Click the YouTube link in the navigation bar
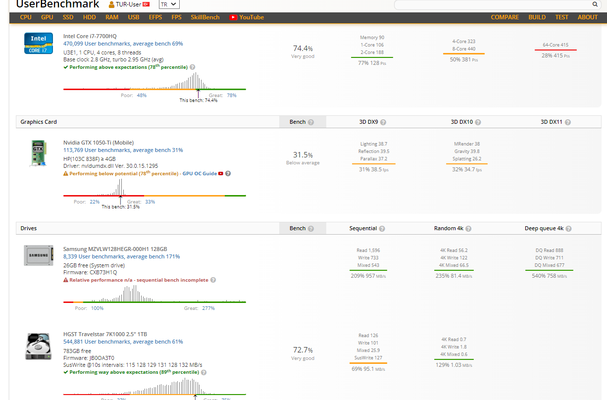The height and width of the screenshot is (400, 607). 247,17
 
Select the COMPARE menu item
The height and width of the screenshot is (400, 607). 505,17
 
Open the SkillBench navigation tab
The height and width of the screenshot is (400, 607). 205,17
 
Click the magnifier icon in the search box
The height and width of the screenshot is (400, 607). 595,4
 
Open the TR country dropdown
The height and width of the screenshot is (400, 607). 169,4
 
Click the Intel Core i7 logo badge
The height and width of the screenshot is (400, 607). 39,44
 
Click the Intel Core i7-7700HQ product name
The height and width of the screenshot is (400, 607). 90,36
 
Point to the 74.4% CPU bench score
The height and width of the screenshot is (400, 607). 303,49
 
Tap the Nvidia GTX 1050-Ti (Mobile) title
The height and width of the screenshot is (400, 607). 98,143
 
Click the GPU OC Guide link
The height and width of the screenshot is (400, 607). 200,174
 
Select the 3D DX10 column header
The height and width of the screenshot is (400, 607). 461,122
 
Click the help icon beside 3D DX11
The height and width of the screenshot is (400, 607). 568,122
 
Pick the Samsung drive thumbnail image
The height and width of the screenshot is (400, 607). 39,255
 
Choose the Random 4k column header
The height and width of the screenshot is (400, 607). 449,228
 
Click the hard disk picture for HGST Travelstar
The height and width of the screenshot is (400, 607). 39,347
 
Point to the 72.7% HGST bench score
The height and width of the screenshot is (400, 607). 303,350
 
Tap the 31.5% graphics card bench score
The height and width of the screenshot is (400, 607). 303,155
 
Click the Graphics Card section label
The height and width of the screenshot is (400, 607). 39,122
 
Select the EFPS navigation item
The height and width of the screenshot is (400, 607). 155,17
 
